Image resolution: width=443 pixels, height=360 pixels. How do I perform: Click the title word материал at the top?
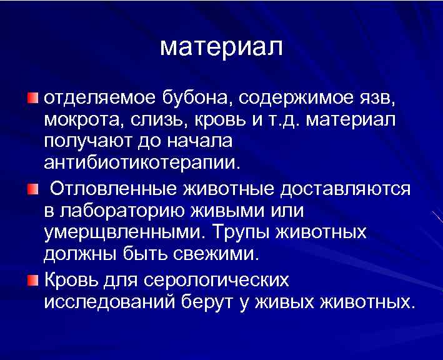pyautogui.click(x=221, y=47)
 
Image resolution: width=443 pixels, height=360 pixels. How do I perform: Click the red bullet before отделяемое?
pyautogui.click(x=32, y=97)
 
